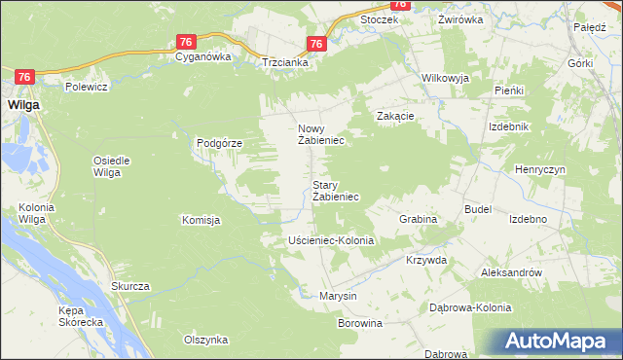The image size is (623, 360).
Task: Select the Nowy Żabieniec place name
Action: (x=320, y=134)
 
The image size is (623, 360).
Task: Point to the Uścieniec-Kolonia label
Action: (x=331, y=239)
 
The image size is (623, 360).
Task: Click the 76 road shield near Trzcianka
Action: (x=315, y=44)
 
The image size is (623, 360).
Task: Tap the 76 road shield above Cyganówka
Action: (x=188, y=41)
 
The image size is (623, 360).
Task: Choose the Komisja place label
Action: (x=201, y=221)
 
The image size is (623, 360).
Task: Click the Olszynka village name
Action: (x=205, y=340)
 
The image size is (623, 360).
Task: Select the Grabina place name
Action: (x=418, y=220)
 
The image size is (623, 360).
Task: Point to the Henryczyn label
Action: (x=540, y=169)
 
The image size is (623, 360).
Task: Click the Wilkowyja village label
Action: (x=445, y=78)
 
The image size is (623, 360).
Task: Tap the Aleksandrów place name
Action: (x=511, y=273)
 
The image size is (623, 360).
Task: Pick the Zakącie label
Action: (x=396, y=116)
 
